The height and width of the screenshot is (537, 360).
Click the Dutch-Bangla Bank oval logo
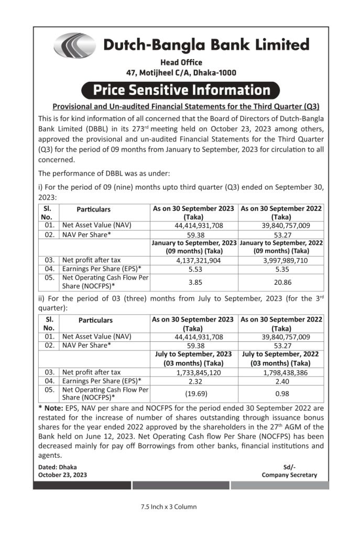(x=74, y=45)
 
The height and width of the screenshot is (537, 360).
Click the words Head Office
(x=181, y=63)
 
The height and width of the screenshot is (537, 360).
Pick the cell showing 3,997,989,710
(x=281, y=260)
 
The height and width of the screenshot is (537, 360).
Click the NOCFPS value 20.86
(x=281, y=282)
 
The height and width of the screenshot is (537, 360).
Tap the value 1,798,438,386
(x=281, y=372)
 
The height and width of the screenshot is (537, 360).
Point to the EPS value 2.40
(x=281, y=381)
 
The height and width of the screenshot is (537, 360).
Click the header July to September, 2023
(x=193, y=355)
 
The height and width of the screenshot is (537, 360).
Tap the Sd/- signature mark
(x=289, y=467)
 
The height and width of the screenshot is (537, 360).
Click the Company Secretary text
(x=289, y=475)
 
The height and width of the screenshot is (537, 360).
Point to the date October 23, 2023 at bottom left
(x=63, y=475)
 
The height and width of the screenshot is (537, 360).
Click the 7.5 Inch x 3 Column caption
(x=168, y=507)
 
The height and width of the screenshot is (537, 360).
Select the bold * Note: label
(x=51, y=407)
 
